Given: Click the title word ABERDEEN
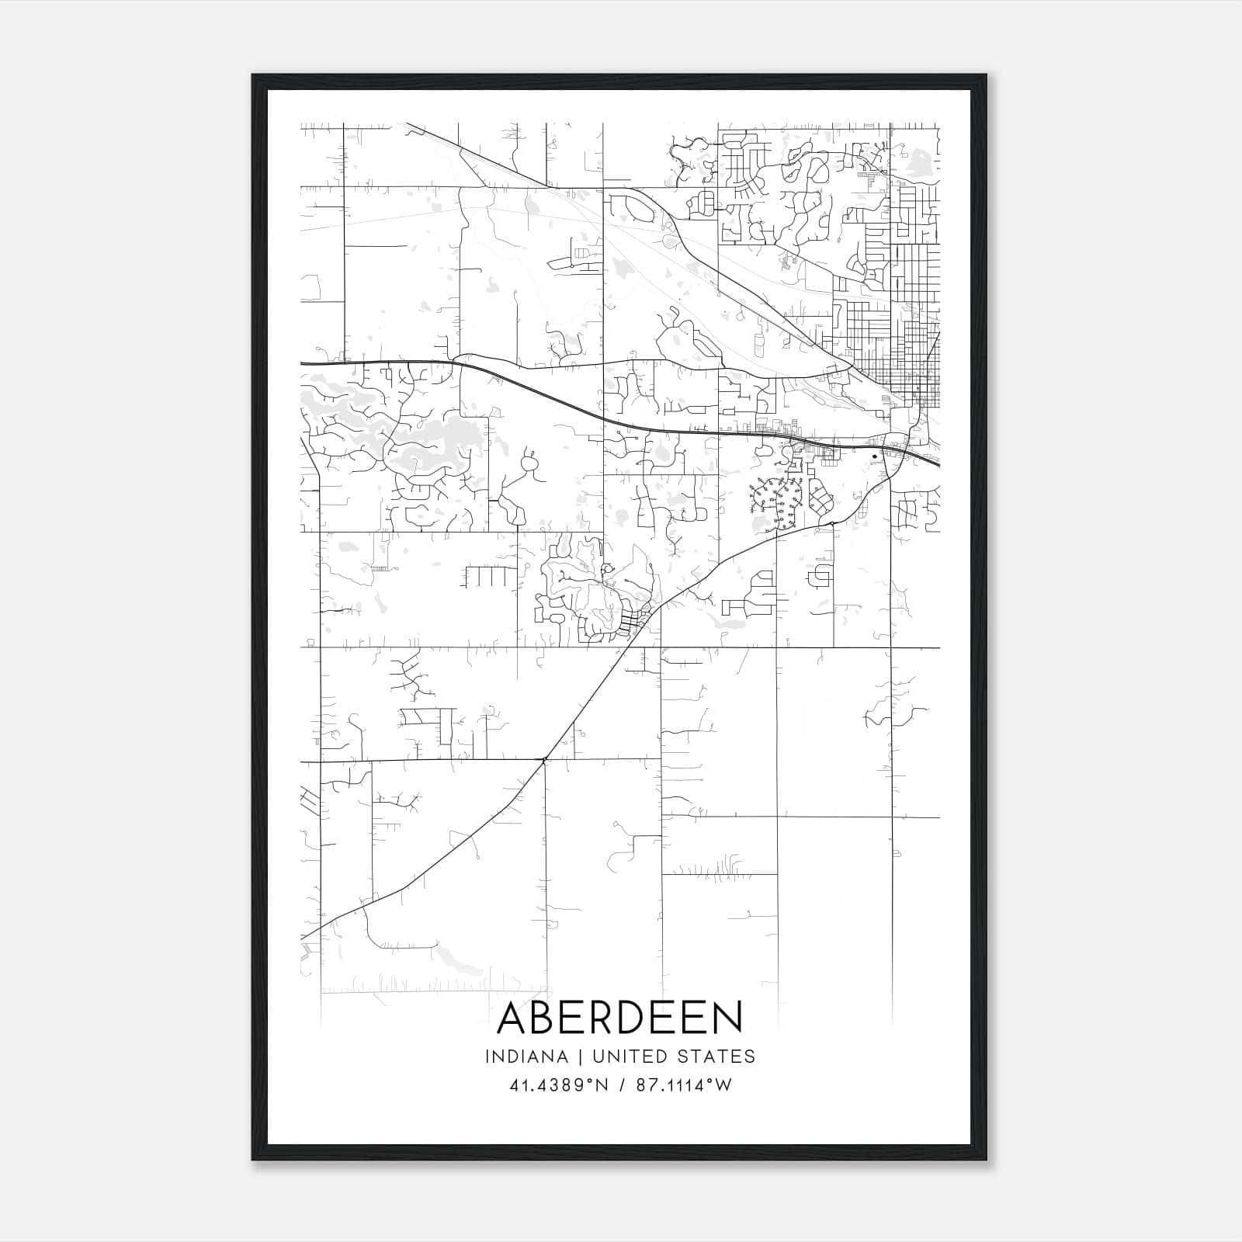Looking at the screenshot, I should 619,1018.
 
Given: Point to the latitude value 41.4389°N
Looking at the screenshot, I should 558,1085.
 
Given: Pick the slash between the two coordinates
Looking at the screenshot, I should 621,1085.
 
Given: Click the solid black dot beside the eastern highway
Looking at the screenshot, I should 874,456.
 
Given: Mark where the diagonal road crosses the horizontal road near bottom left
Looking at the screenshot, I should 545,758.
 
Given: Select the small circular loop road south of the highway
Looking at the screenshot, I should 530,464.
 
